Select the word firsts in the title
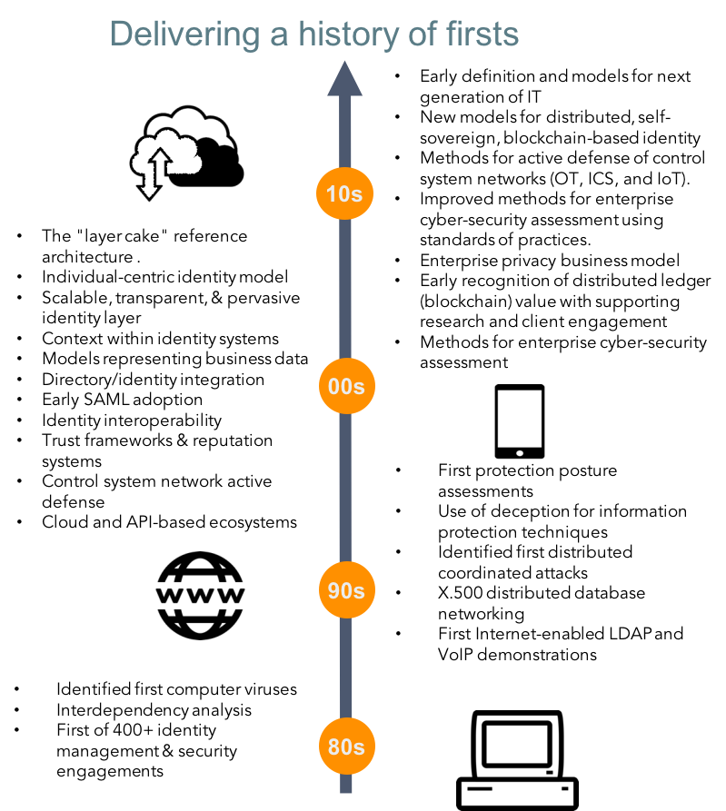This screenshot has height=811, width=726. pos(482,35)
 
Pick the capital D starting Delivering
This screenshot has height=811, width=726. pos(120,35)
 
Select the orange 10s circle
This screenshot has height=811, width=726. pos(344,193)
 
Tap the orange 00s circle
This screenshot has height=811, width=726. pos(345,386)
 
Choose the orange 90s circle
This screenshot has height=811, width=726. pos(345,590)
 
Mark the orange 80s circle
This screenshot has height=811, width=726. pos(345,747)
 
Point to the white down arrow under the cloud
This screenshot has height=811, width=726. pos(149,185)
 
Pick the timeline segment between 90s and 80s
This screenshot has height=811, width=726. pos(345,668)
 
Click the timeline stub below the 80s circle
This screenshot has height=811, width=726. pos(345,784)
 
